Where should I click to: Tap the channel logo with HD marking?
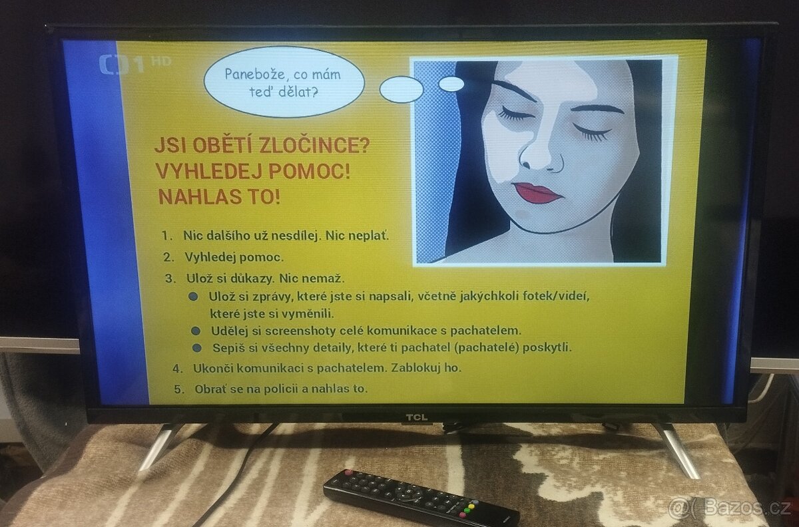point(134,65)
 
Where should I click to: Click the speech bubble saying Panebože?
point(284,82)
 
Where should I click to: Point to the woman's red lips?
point(537,193)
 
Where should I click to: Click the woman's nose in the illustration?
point(537,154)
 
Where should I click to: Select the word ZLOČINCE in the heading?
point(320,145)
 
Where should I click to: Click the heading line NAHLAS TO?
point(219,196)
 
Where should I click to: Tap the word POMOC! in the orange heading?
point(310,170)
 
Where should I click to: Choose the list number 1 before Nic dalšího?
point(166,236)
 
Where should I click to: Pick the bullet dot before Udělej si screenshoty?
point(196,330)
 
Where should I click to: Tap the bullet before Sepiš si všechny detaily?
point(197,347)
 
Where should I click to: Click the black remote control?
point(419,499)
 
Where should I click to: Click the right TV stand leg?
point(678,450)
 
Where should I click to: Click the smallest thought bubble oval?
point(452,84)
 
